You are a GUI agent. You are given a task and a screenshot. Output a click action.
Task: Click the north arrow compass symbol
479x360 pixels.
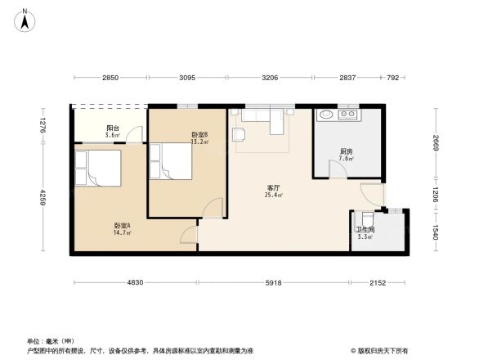pos(25,19)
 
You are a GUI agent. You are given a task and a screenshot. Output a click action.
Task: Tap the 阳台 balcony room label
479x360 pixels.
pos(113,129)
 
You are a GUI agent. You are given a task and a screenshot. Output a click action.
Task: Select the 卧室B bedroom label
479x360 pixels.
pos(199,136)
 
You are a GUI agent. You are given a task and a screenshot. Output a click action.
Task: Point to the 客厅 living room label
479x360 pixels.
pos(272,187)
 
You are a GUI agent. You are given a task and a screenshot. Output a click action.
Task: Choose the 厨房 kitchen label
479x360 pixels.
pos(347,153)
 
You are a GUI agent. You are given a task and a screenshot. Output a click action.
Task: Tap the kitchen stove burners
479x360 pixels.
pos(349,115)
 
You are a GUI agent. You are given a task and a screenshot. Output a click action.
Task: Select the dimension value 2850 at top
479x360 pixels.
pos(110,77)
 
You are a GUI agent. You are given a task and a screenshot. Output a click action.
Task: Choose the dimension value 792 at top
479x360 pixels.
pos(393,77)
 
